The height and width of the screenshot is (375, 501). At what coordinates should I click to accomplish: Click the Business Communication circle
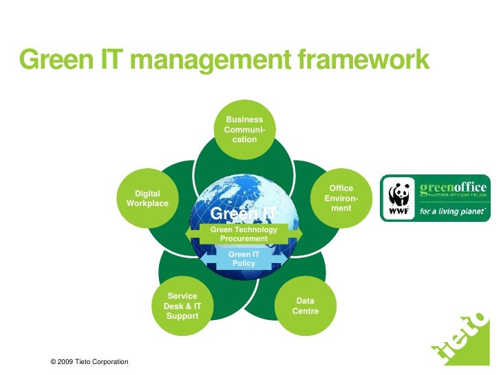[x=244, y=129]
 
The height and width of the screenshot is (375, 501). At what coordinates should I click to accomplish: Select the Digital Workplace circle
[x=147, y=199]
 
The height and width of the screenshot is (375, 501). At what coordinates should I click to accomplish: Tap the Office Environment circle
[x=341, y=198]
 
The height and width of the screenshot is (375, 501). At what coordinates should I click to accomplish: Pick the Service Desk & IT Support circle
[x=182, y=306]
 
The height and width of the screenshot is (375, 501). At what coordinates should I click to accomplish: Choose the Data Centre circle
[x=306, y=306]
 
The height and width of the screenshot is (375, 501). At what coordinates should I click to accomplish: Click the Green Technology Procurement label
[x=244, y=234]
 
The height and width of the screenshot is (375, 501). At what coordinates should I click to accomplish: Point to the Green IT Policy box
[x=244, y=259]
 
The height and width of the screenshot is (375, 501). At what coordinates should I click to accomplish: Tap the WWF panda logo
[x=398, y=194]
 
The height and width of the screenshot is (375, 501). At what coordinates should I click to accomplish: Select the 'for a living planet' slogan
[x=452, y=212]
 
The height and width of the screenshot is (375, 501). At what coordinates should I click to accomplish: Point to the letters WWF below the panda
[x=398, y=212]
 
